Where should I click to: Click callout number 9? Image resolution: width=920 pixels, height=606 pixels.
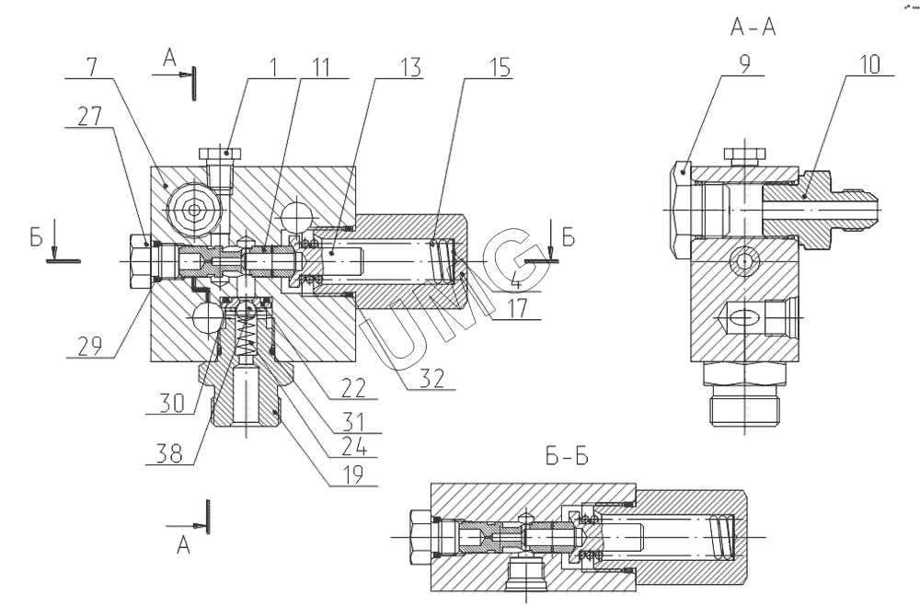(x=744, y=66)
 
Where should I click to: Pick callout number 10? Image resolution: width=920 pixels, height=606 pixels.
(x=868, y=66)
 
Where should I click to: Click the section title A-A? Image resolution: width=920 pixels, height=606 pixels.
(x=752, y=29)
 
